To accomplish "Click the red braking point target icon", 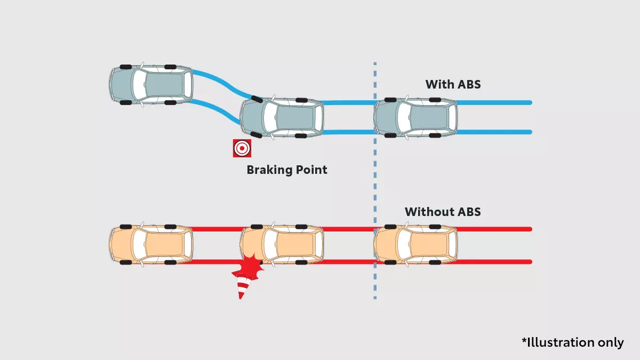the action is [242, 148].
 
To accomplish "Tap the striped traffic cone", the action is [243, 286].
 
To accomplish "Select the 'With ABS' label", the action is [453, 84].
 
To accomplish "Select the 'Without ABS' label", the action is [443, 212].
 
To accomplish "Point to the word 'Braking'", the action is [269, 170].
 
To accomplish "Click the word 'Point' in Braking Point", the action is [311, 170].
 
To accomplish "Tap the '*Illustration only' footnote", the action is [573, 342].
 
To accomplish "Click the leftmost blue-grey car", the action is [151, 85].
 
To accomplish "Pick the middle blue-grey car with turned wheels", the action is [282, 117].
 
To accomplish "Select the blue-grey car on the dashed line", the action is [415, 117].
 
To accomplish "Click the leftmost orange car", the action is [151, 245].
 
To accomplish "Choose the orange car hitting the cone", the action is [282, 245].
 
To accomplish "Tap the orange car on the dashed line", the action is [415, 245].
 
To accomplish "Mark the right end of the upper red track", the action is [530, 229].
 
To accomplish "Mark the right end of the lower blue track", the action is [530, 132].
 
